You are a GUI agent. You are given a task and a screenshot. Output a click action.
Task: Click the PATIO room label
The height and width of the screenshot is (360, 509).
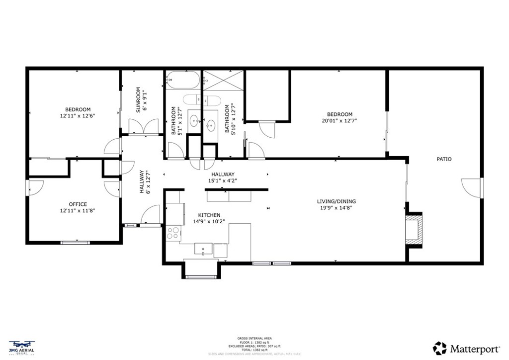[x=444, y=159]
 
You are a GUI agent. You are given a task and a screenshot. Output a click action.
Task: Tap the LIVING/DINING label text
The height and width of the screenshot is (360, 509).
[x=337, y=201]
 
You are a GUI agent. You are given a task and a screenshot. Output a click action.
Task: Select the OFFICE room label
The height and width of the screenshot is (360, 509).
[x=78, y=204]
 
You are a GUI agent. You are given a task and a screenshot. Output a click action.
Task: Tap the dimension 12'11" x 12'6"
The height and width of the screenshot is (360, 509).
[x=77, y=116]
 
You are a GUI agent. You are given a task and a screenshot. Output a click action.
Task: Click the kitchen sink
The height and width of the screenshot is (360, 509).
[x=204, y=249]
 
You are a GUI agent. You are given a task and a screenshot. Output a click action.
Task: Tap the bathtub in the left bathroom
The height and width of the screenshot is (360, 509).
[x=182, y=79]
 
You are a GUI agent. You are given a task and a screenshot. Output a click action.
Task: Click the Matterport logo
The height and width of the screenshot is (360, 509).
[x=463, y=348]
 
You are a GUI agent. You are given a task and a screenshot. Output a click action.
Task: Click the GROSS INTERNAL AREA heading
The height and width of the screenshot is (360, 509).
[x=254, y=338]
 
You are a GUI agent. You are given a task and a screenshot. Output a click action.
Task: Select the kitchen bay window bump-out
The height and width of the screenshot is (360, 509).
[x=201, y=269]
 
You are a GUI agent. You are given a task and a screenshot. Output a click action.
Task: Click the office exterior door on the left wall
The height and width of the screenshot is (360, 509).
[x=35, y=187]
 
